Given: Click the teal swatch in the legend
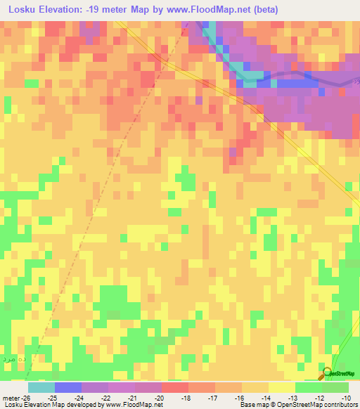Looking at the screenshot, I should pos(41,387).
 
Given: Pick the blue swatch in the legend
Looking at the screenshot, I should pos(68,387).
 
